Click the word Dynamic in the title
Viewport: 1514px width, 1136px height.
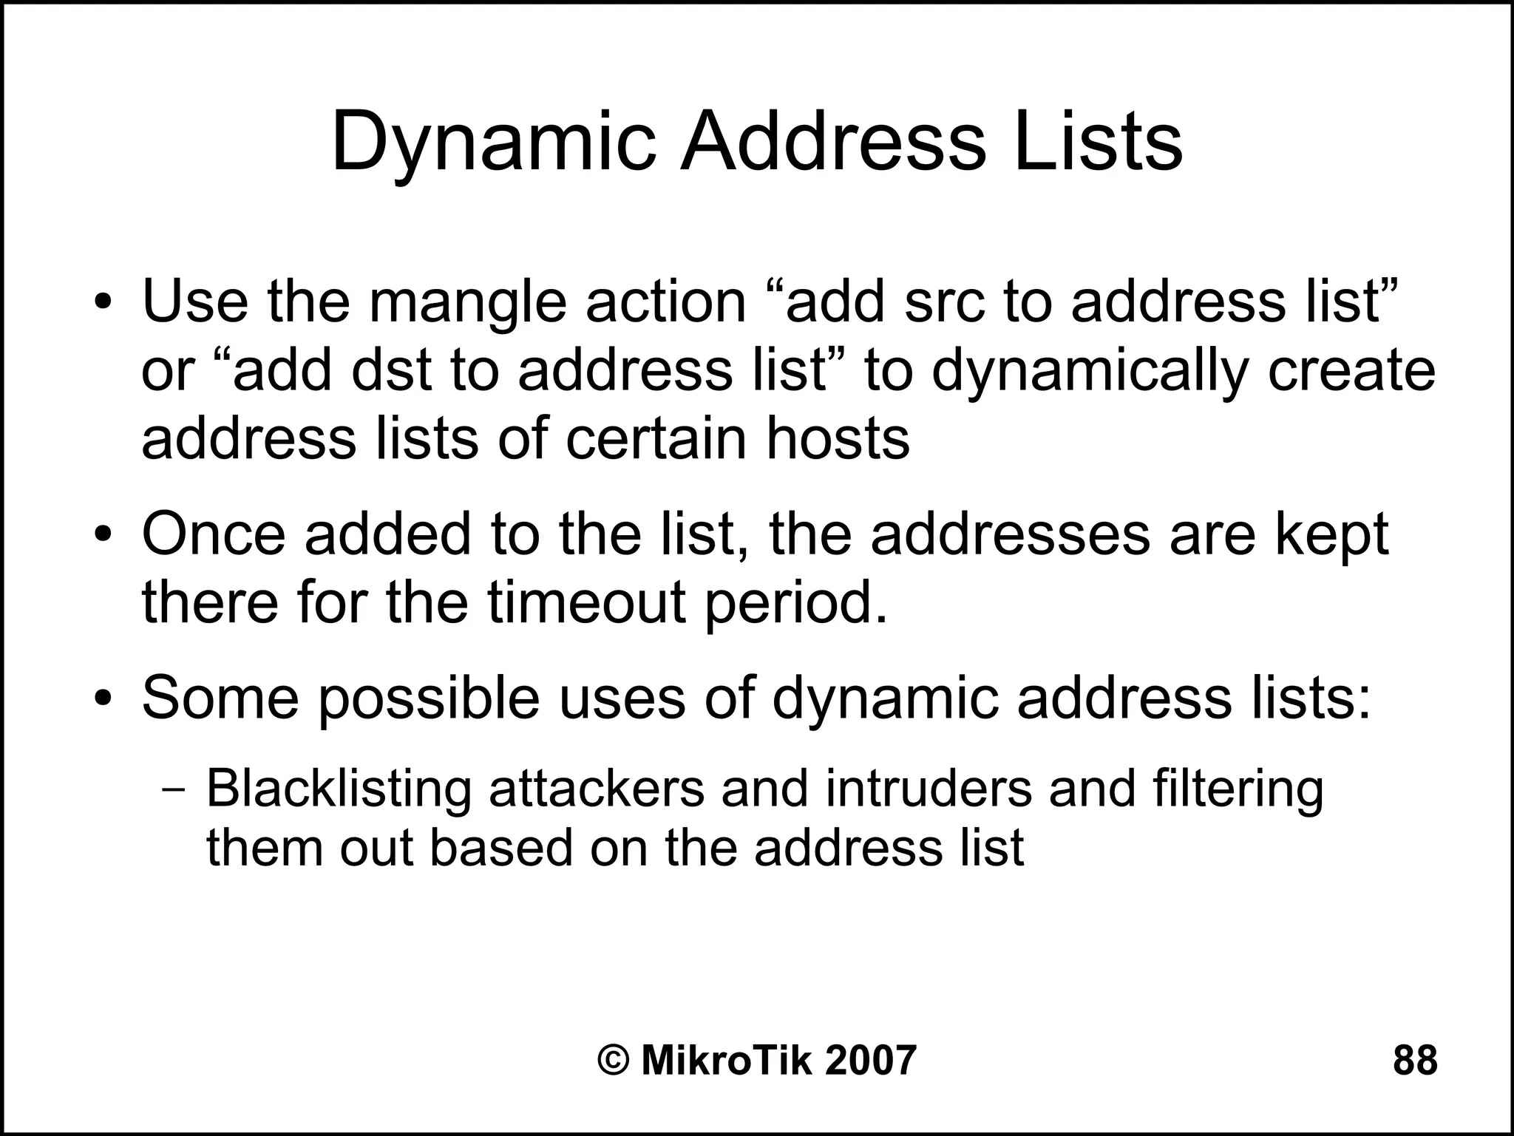pyautogui.click(x=494, y=143)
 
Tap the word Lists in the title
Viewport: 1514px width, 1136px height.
pyautogui.click(x=1098, y=141)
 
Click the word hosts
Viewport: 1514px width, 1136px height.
pyautogui.click(x=838, y=438)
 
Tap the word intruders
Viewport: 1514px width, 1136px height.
pyautogui.click(x=929, y=788)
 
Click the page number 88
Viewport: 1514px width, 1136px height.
pyautogui.click(x=1415, y=1060)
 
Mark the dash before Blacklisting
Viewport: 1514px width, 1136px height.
pyautogui.click(x=173, y=789)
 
